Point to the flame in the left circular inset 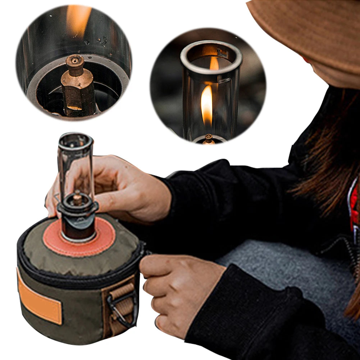(x=78, y=20)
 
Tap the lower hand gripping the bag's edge (x=176, y=284)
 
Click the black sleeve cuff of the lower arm (x=230, y=306)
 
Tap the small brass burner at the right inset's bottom (x=208, y=139)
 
